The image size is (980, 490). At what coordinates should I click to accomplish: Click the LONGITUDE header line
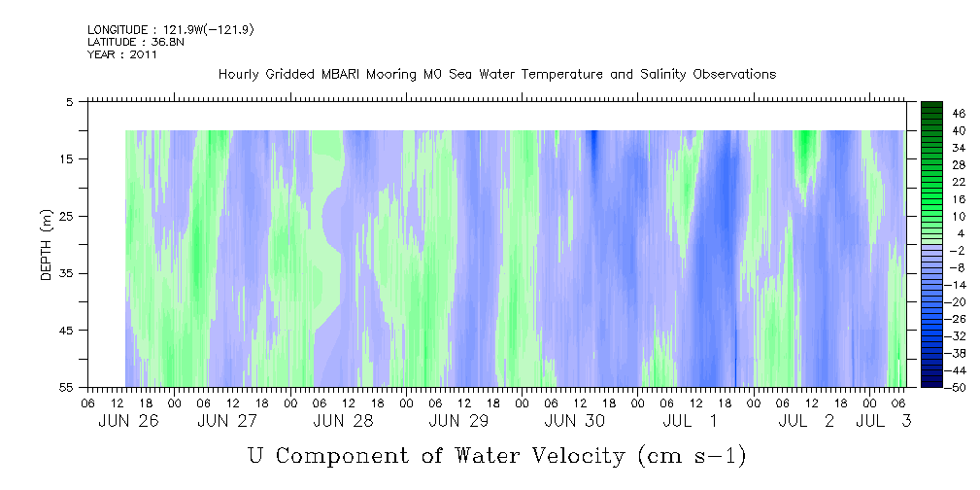pos(171,29)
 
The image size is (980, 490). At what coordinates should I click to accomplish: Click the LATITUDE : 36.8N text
pos(136,42)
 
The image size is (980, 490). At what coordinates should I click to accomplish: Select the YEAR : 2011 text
pos(122,54)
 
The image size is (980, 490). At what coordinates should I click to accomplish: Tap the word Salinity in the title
pos(660,75)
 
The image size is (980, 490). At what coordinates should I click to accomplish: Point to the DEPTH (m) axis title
pos(47,245)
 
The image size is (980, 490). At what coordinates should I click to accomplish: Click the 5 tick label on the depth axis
pos(69,101)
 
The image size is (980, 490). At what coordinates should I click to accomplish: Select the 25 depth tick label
pos(66,216)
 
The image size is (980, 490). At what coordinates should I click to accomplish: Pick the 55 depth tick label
pos(66,387)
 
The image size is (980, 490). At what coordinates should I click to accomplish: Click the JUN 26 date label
pos(129,421)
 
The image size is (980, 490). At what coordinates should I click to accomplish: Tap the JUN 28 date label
pos(344,421)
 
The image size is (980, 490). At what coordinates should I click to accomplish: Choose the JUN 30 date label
pos(575,421)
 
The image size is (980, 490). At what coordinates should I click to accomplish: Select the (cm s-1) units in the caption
pos(693,457)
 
